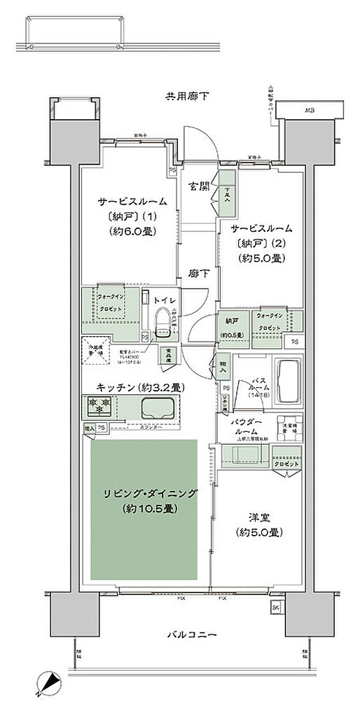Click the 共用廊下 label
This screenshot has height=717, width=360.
pos(187,95)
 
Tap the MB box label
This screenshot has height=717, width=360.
pos(309,110)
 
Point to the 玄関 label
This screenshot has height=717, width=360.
pos(199,187)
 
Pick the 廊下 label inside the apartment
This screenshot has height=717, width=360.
pos(198,274)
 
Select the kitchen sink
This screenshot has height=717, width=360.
pos(158,408)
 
